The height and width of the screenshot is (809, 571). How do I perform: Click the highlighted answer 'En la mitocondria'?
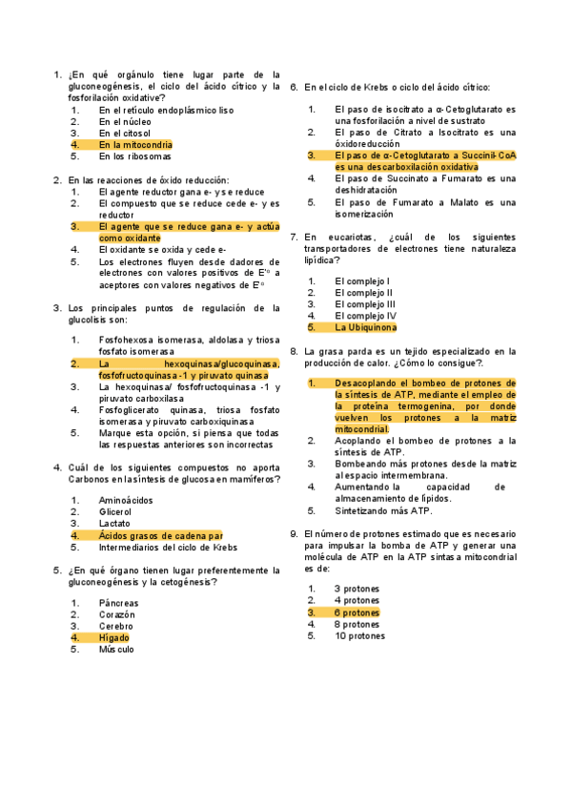pyautogui.click(x=135, y=145)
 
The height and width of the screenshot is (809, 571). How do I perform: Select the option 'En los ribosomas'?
pyautogui.click(x=135, y=156)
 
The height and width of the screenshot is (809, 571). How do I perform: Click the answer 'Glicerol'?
pyautogui.click(x=116, y=511)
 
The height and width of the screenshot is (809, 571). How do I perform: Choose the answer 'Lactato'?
pyautogui.click(x=115, y=524)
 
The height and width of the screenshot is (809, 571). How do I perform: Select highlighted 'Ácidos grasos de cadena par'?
pyautogui.click(x=160, y=535)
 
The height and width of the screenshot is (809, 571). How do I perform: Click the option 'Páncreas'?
pyautogui.click(x=118, y=603)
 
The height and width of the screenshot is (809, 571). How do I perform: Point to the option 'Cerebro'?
pyautogui.click(x=116, y=626)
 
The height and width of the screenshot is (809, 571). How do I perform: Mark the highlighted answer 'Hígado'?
pyautogui.click(x=114, y=637)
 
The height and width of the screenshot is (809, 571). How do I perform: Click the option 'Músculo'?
pyautogui.click(x=116, y=649)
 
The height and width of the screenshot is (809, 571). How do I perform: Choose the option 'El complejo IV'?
pyautogui.click(x=365, y=315)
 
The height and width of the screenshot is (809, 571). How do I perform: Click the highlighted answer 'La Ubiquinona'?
pyautogui.click(x=366, y=327)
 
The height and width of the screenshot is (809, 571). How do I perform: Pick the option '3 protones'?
pyautogui.click(x=357, y=589)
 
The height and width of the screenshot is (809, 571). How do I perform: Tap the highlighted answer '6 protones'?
pyautogui.click(x=357, y=612)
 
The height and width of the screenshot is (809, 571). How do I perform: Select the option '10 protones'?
pyautogui.click(x=359, y=635)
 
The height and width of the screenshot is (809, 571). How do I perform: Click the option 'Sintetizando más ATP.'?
pyautogui.click(x=375, y=510)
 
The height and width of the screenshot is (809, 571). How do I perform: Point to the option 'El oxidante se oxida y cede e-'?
pyautogui.click(x=162, y=249)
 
